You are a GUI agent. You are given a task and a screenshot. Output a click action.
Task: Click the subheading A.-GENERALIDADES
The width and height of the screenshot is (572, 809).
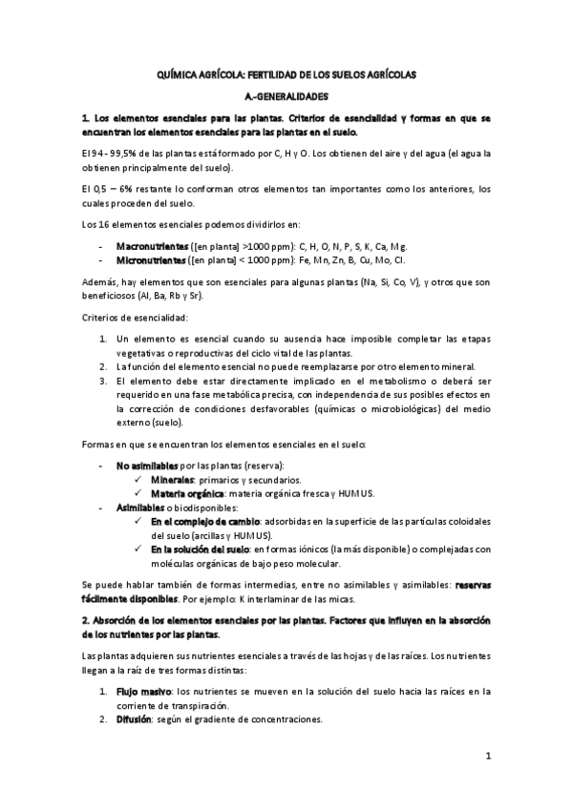pos(286,96)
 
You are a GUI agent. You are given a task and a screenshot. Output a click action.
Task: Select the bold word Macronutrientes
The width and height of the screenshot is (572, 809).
pos(149,245)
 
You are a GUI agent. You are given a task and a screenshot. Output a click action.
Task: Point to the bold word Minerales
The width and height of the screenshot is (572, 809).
pos(172,479)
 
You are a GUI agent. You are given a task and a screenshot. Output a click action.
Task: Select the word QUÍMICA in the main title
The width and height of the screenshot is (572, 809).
pos(180,74)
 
